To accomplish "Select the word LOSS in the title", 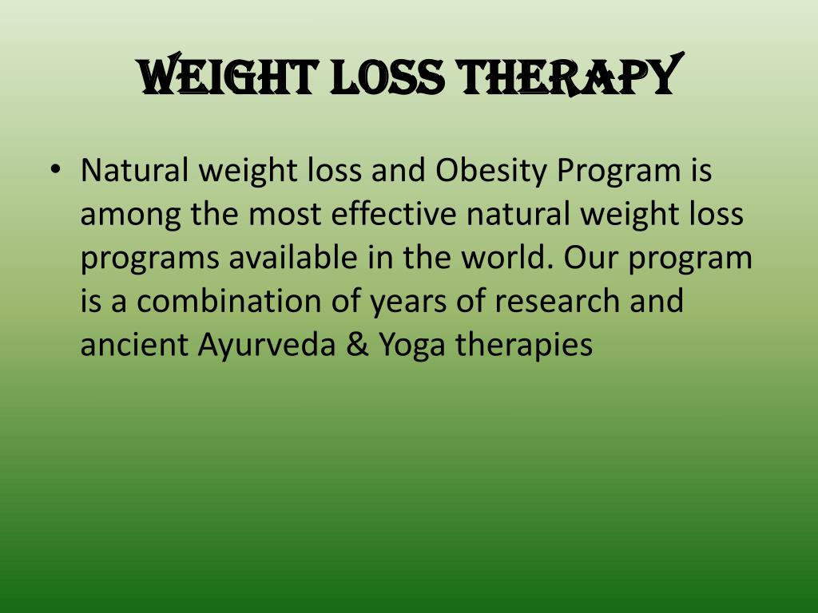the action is pyautogui.click(x=387, y=77).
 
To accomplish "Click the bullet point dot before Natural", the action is pyautogui.click(x=55, y=169).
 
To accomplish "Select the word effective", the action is pyautogui.click(x=394, y=213).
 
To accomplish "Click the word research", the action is pyautogui.click(x=557, y=301).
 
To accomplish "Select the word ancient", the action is pyautogui.click(x=134, y=345).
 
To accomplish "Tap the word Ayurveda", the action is pyautogui.click(x=267, y=346).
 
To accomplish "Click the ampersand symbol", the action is pyautogui.click(x=357, y=345).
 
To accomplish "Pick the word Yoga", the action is pyautogui.click(x=412, y=346).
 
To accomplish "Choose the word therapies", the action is pyautogui.click(x=524, y=346).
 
